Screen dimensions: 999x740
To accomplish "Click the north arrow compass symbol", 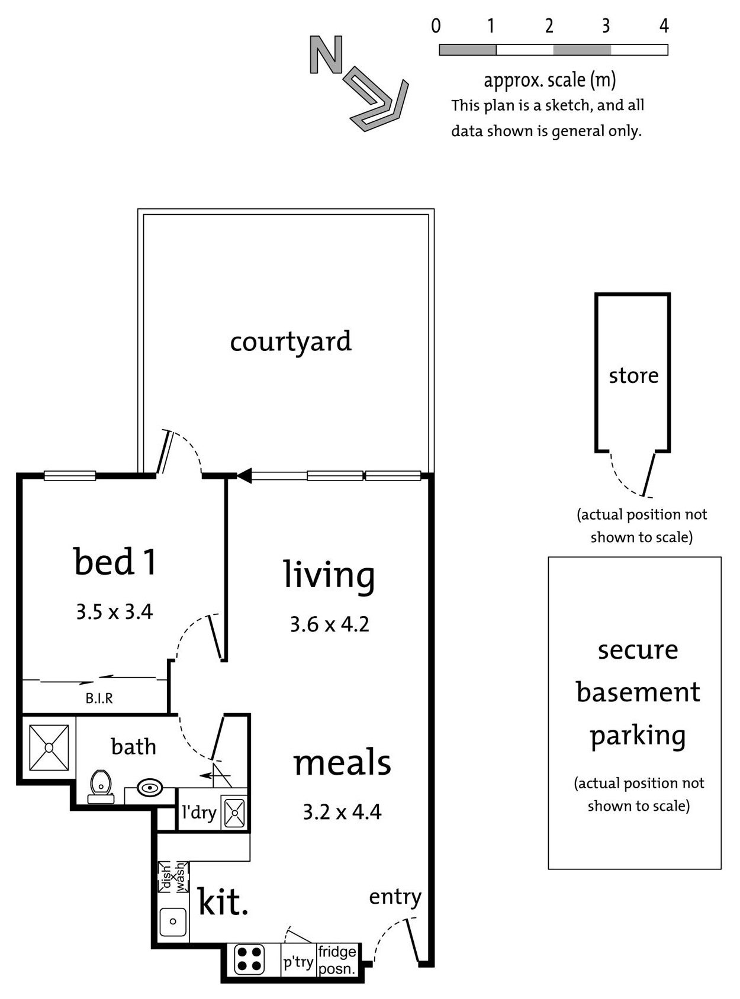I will [359, 83].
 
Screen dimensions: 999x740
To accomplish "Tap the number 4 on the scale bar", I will [664, 26].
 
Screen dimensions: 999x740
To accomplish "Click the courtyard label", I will [291, 341].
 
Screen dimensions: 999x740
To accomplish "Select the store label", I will [633, 375].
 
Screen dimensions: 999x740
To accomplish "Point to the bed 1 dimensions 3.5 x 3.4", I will [114, 611].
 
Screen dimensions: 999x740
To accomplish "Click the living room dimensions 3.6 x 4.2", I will [329, 624].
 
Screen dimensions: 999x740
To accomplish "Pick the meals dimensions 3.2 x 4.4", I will [342, 812].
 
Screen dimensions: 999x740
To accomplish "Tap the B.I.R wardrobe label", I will [99, 698].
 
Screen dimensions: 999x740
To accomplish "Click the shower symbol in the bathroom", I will [49, 748].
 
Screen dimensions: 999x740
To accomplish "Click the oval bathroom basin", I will [150, 788].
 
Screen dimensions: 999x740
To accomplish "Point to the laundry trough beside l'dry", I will [234, 813].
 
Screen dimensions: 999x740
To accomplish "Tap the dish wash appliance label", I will [173, 876].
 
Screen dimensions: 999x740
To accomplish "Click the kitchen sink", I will [173, 921].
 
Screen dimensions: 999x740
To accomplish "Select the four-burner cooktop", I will [249, 960].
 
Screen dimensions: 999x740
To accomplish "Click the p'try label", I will [298, 962].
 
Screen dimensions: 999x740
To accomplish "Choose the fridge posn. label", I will [337, 960].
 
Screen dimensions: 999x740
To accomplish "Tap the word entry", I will [395, 897].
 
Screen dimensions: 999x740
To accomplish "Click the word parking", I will [638, 736].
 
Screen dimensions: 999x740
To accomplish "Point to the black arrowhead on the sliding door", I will [244, 475].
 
